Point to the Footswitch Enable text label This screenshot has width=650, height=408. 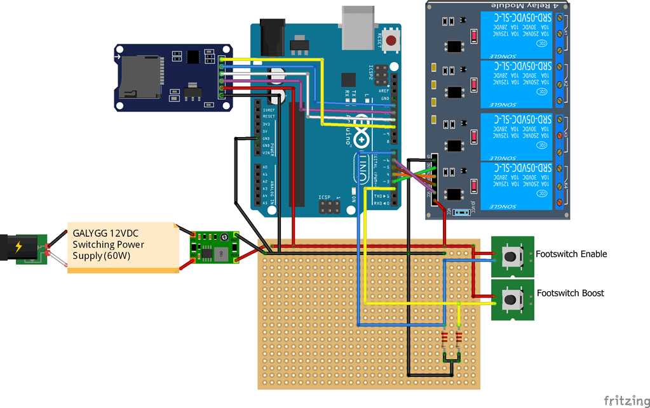coord(571,254)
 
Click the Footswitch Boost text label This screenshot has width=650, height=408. coord(570,293)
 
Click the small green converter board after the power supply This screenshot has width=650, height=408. coord(214,247)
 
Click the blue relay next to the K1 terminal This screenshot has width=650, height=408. coord(517,35)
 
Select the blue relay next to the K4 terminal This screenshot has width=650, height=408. coord(517,185)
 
